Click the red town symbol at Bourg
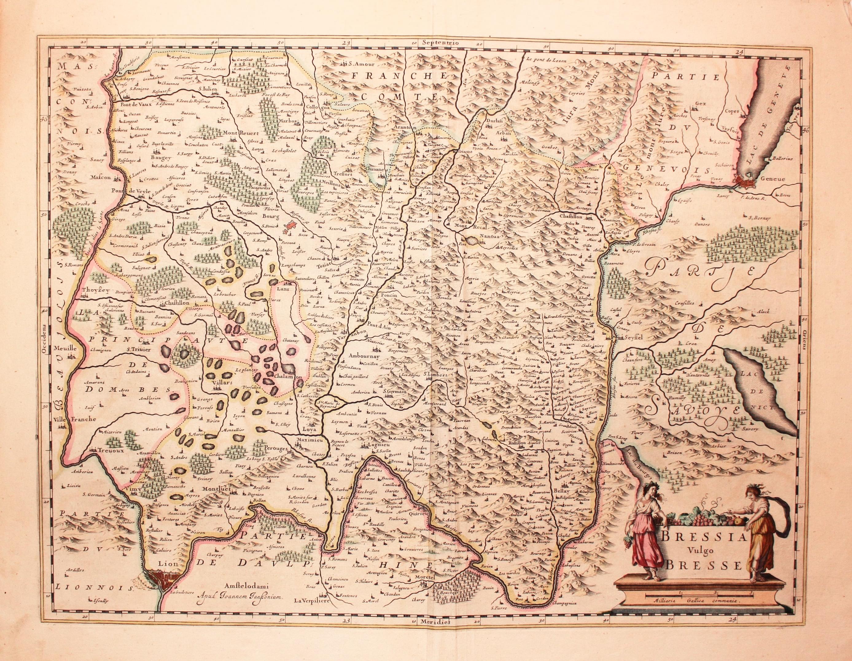click(291, 226)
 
